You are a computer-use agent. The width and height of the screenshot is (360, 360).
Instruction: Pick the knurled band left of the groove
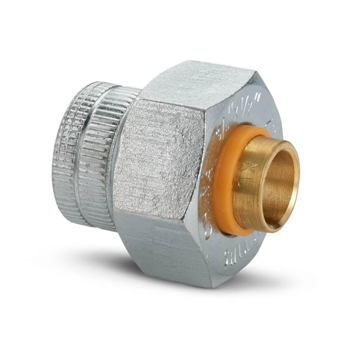coord(67,151)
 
